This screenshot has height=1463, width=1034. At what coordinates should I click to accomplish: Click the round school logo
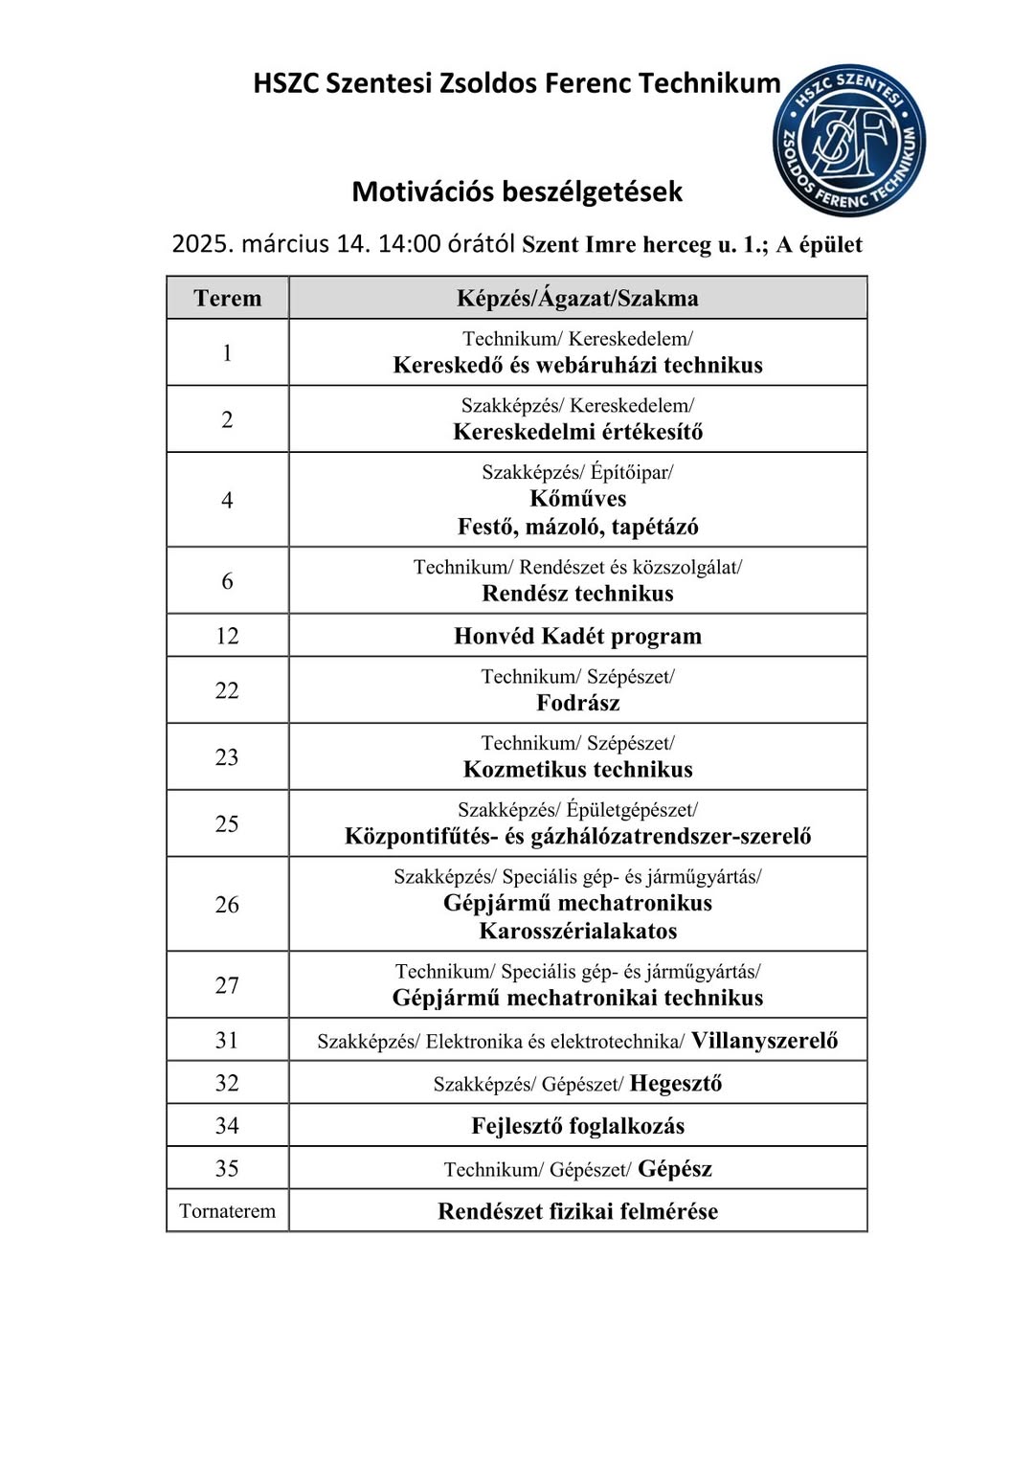pyautogui.click(x=848, y=141)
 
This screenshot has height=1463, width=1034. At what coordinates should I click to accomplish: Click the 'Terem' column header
pyautogui.click(x=227, y=298)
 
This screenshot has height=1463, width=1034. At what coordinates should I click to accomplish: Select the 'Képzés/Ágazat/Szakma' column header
pyautogui.click(x=577, y=298)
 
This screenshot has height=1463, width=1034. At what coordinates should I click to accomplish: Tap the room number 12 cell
pyautogui.click(x=227, y=636)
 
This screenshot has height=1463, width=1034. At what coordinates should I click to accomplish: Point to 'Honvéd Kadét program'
pyautogui.click(x=577, y=636)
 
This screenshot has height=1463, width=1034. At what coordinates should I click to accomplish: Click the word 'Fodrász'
pyautogui.click(x=577, y=703)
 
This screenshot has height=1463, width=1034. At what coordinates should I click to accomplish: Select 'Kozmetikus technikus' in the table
pyautogui.click(x=577, y=770)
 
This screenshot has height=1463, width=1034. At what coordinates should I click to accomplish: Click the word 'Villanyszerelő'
pyautogui.click(x=764, y=1040)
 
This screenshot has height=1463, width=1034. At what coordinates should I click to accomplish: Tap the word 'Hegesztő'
pyautogui.click(x=676, y=1083)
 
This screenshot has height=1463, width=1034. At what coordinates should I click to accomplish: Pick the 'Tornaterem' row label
pyautogui.click(x=227, y=1211)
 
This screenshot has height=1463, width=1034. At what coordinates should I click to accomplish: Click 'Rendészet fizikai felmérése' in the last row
pyautogui.click(x=577, y=1211)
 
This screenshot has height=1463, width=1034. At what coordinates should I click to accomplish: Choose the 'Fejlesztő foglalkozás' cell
pyautogui.click(x=577, y=1126)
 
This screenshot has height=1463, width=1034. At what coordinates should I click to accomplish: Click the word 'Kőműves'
pyautogui.click(x=577, y=499)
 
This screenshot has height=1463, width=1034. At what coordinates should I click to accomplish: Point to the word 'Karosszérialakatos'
pyautogui.click(x=577, y=931)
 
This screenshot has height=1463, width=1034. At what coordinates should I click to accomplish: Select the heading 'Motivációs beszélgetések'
pyautogui.click(x=517, y=191)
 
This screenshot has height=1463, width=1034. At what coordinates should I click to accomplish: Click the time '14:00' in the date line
pyautogui.click(x=409, y=244)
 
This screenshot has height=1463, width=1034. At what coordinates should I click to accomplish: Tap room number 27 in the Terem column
pyautogui.click(x=227, y=985)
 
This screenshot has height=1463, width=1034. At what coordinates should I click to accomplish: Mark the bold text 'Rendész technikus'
pyautogui.click(x=577, y=594)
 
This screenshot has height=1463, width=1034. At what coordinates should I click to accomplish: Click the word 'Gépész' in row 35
pyautogui.click(x=675, y=1168)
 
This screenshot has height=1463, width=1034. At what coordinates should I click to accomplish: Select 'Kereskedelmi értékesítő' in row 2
pyautogui.click(x=577, y=432)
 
